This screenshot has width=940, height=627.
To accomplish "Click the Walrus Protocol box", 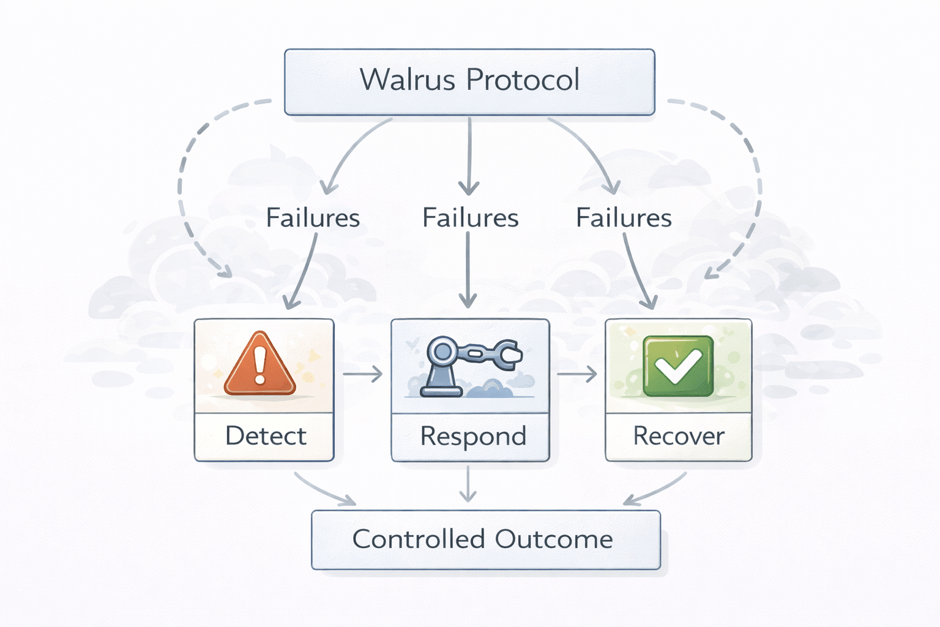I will (469, 82).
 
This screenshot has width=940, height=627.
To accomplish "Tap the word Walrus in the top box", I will (408, 80).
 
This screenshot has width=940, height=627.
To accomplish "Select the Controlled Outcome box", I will (485, 539).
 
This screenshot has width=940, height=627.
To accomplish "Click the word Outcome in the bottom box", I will (553, 539).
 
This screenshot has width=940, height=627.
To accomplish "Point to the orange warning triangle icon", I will (260, 365).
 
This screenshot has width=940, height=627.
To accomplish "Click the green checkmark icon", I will (678, 366).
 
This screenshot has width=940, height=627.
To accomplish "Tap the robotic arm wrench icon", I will (470, 366).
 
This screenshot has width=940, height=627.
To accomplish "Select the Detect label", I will (265, 436).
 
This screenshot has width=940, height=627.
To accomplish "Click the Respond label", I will (473, 437).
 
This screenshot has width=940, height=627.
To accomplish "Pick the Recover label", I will (678, 436).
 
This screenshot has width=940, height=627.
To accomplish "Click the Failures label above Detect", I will (313, 218).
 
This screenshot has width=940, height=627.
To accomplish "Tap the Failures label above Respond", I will (470, 218).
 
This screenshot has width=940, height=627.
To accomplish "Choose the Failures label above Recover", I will (624, 218).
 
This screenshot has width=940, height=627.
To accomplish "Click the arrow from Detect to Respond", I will (362, 374).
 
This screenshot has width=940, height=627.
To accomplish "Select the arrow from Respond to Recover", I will (576, 374).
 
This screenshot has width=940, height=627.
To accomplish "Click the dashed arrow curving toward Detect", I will (184, 184).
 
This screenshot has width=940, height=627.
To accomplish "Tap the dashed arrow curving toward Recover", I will (756, 184).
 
